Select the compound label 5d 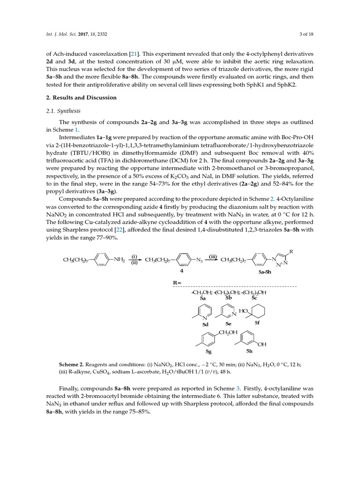click(205, 324)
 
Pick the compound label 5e click(228, 323)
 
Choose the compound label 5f click(257, 322)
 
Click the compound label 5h click(249, 350)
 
